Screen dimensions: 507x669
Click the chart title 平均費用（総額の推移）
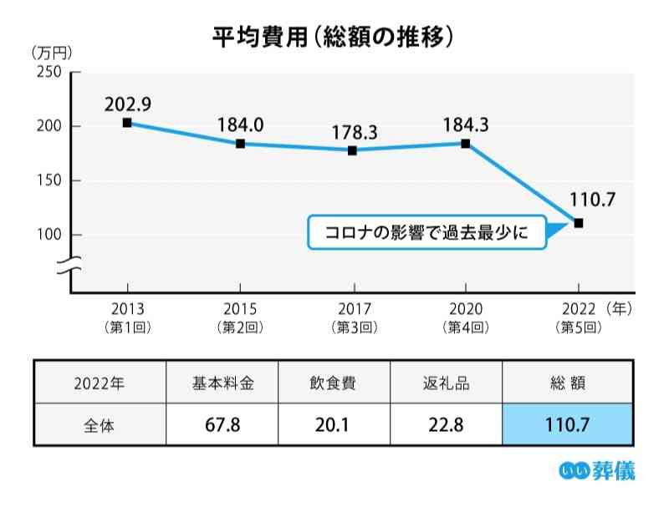click(334, 38)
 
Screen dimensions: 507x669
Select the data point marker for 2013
click(126, 123)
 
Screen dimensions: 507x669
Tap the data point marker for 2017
click(353, 150)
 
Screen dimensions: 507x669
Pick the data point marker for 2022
click(579, 223)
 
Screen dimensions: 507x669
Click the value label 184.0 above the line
click(240, 125)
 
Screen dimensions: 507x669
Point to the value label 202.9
click(127, 104)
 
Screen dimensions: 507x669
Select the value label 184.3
click(466, 125)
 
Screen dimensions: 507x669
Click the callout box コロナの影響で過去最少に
click(426, 233)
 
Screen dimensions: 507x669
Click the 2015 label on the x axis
click(240, 308)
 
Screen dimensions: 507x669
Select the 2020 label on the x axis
click(466, 308)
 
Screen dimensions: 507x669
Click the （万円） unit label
click(52, 52)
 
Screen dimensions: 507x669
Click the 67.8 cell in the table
click(222, 424)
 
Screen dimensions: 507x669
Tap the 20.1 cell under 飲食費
click(334, 424)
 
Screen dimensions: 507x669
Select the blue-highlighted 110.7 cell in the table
click(568, 424)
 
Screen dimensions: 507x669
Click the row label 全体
click(100, 424)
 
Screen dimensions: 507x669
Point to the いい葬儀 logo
click(596, 471)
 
